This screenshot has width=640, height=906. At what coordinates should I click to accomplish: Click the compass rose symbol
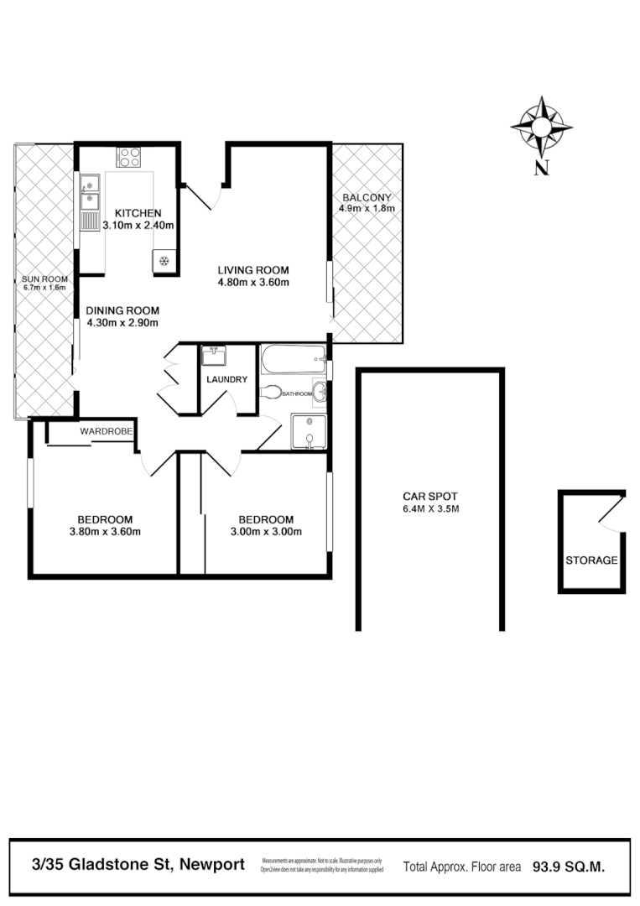click(x=541, y=127)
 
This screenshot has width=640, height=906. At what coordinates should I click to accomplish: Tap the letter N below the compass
click(x=542, y=167)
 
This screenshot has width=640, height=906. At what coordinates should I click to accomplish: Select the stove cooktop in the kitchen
click(x=129, y=156)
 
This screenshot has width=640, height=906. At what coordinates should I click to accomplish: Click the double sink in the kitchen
click(x=89, y=192)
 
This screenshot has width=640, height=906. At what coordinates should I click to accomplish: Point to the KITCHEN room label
click(x=138, y=212)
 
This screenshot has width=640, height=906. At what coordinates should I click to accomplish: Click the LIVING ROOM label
click(x=253, y=270)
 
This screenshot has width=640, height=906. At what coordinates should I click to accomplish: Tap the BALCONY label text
click(x=366, y=197)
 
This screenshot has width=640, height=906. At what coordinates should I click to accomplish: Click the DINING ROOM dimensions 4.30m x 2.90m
click(x=122, y=322)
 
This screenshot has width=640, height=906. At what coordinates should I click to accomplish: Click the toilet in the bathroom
click(x=270, y=392)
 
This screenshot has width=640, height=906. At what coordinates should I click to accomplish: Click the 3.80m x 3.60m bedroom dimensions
click(x=105, y=531)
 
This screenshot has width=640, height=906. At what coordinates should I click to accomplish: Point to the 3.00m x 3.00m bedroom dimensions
click(x=267, y=531)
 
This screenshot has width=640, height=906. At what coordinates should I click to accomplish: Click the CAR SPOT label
click(x=430, y=496)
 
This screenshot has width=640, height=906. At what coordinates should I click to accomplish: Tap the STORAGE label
click(x=591, y=560)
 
